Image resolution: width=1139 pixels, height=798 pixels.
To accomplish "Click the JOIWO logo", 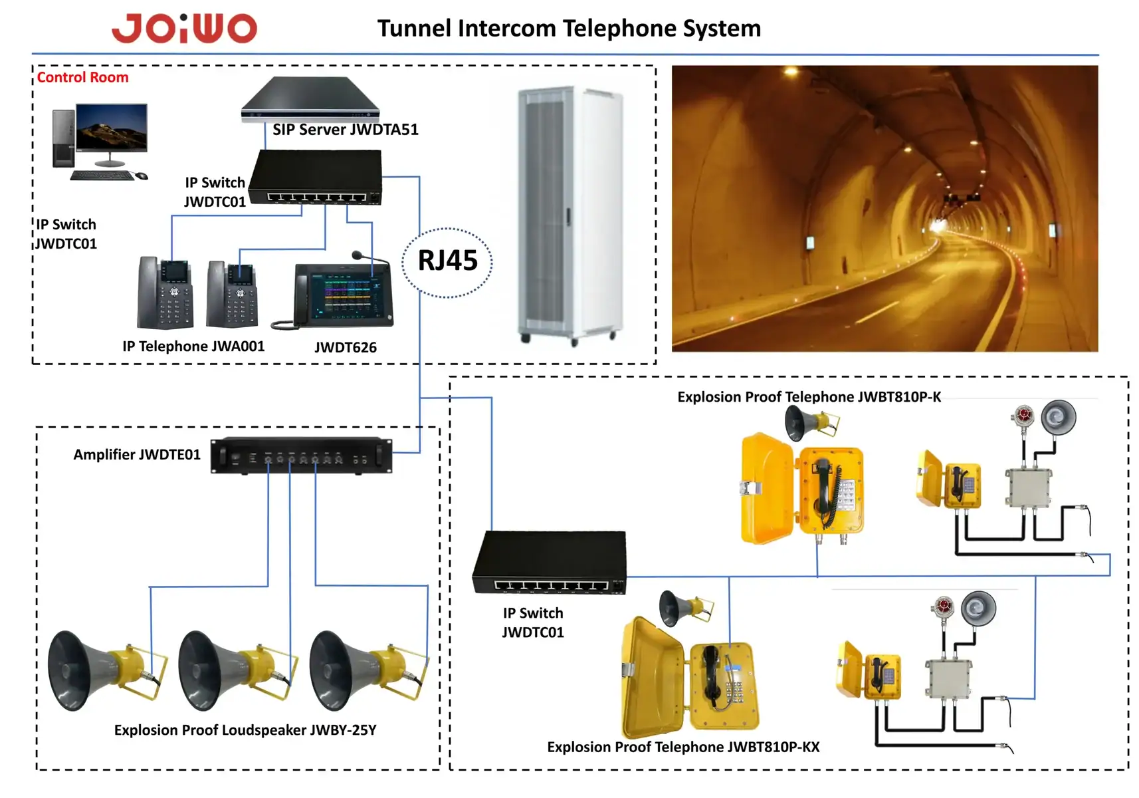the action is pyautogui.click(x=184, y=28).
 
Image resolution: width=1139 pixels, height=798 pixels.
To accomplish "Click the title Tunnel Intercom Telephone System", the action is pyautogui.click(x=569, y=29).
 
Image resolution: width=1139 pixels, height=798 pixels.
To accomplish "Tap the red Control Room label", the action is pyautogui.click(x=83, y=77).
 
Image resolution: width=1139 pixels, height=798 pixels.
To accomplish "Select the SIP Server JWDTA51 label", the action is pyautogui.click(x=346, y=129).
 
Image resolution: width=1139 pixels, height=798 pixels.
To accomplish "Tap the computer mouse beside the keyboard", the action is pyautogui.click(x=142, y=176).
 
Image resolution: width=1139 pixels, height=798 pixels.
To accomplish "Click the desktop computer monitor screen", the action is pyautogui.click(x=112, y=127).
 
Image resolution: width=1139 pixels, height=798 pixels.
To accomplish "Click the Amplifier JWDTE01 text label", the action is pyautogui.click(x=138, y=454).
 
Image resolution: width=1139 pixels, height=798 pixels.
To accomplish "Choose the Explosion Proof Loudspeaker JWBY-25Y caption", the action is pyautogui.click(x=245, y=730).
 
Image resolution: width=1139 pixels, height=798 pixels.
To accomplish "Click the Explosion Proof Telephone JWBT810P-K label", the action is pyautogui.click(x=809, y=397).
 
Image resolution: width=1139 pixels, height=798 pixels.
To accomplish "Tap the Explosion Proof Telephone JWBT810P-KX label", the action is pyautogui.click(x=683, y=747).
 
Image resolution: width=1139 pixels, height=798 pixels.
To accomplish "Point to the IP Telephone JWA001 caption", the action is pyautogui.click(x=193, y=346).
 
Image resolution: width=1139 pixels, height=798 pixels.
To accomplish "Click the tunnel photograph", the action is pyautogui.click(x=884, y=209).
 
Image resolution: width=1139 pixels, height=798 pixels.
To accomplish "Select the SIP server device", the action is pyautogui.click(x=311, y=98).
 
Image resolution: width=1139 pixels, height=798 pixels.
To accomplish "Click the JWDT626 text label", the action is pyautogui.click(x=346, y=347).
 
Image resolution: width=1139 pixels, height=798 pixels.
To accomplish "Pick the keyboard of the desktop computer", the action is pyautogui.click(x=102, y=176).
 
